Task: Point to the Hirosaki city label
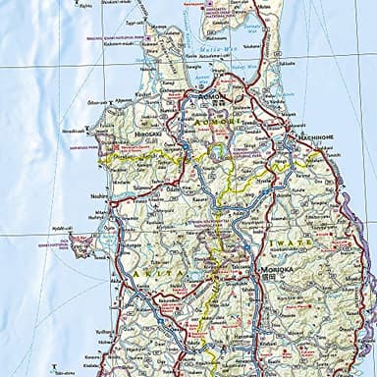[147, 135]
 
